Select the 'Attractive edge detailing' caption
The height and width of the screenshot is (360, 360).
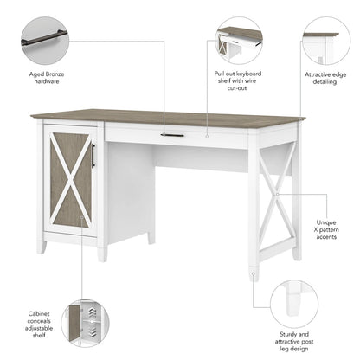[x=326, y=82]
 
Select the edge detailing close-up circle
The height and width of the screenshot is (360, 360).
[x=326, y=40]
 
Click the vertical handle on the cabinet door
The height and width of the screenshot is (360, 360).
[x=93, y=157]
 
